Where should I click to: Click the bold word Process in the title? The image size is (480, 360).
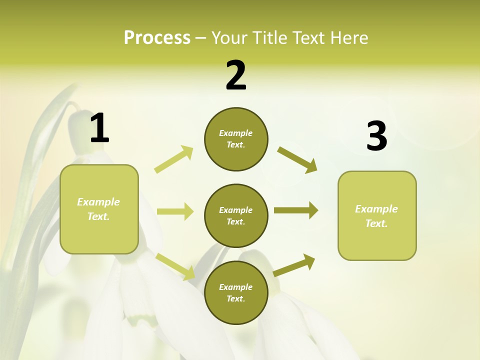point(157,38)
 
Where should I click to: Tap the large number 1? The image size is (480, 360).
point(99,128)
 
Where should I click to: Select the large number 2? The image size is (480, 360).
point(236,75)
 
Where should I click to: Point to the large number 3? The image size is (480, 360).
point(376,136)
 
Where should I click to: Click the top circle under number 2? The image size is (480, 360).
point(236,139)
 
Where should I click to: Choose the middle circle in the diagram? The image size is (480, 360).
point(236,216)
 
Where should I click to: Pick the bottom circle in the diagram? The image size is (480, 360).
point(236,292)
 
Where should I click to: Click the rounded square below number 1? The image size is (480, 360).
point(99,209)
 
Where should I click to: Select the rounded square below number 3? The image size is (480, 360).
point(377,216)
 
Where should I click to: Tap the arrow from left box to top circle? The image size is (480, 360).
point(174,159)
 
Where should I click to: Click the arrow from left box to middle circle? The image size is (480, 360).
point(175,211)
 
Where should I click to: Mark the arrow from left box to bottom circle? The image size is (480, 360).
point(175,266)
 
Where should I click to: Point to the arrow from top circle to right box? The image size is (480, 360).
point(297,160)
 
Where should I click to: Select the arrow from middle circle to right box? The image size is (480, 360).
point(295,210)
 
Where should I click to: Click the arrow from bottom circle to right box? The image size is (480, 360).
point(294,265)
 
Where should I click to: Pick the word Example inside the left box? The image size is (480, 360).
point(98,202)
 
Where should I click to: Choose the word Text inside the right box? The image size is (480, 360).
point(376,223)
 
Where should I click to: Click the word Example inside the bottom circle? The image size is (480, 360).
point(235,287)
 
